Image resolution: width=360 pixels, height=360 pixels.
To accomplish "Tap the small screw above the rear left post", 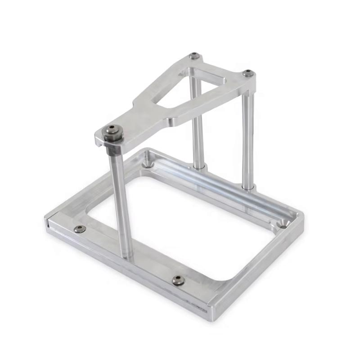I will pos(194,56).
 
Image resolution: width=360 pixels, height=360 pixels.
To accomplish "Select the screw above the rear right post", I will pos(247,73).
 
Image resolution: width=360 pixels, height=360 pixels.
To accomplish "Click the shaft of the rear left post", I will pos(197,126).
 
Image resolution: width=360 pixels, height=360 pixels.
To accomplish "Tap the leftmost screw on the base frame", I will pos(80,229).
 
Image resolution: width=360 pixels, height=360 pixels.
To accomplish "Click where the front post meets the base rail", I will pos(128,256).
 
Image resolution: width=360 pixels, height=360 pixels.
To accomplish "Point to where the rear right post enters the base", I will pos(247,186).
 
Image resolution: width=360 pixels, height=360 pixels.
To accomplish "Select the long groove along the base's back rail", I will pos(220,189).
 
